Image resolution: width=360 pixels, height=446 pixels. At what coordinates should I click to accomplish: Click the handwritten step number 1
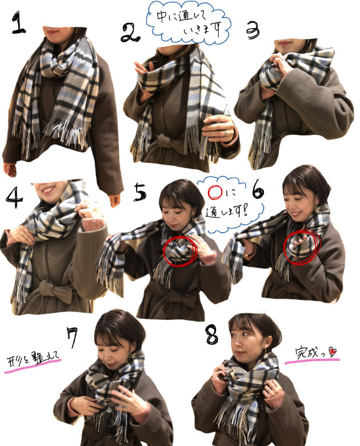click(19, 23)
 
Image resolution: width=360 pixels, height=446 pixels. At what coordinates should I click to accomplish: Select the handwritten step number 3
click(253, 30)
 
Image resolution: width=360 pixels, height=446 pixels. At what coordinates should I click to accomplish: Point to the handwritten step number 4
click(14, 198)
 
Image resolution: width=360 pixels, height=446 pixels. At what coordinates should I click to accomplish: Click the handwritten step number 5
click(140, 192)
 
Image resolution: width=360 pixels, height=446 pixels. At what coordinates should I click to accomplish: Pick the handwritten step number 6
click(258, 188)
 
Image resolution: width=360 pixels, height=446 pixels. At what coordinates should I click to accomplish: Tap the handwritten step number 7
click(72, 337)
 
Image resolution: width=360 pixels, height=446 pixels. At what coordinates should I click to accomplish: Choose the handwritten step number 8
click(212, 335)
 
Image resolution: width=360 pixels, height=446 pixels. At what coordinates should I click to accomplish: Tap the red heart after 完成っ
click(333, 352)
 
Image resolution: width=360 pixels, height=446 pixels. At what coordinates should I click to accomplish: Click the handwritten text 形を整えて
click(33, 359)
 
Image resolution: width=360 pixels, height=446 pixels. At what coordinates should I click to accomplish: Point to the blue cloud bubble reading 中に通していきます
click(188, 23)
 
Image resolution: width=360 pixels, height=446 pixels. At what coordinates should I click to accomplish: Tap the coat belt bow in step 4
click(55, 290)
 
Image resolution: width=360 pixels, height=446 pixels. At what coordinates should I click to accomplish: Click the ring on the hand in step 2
click(225, 133)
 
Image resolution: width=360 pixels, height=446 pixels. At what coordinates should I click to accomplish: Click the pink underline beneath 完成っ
click(312, 361)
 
